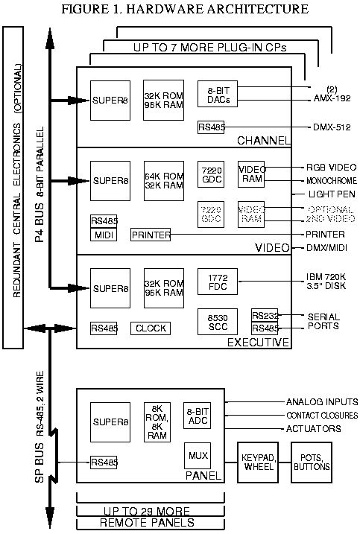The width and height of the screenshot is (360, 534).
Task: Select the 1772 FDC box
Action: click(x=216, y=283)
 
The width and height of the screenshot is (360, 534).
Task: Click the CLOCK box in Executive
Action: click(x=151, y=328)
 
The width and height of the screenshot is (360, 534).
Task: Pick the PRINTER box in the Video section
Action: click(x=151, y=235)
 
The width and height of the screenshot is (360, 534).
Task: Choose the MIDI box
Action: click(x=104, y=235)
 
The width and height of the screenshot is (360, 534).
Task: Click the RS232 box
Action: click(x=265, y=315)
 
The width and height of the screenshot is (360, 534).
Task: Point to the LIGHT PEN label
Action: click(x=326, y=193)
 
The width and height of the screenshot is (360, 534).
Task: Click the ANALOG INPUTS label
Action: click(x=322, y=401)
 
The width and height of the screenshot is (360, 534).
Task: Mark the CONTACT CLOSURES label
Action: click(x=322, y=415)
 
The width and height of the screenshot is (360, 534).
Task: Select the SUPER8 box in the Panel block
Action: click(x=109, y=422)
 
